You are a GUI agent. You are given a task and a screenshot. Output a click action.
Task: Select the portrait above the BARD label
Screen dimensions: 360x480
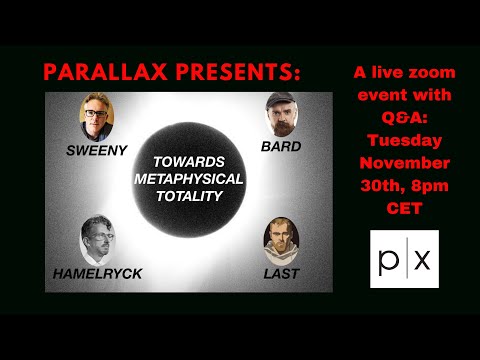pos(283,116)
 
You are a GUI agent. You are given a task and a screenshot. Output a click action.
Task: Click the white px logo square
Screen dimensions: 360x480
pos(404,258)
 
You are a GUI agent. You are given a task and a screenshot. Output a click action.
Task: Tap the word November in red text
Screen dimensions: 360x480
pos(404,162)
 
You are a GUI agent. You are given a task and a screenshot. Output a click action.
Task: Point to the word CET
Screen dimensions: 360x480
pos(404,206)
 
